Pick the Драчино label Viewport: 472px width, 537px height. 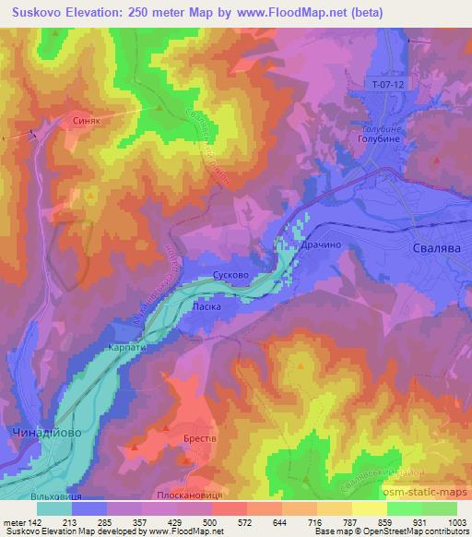[318, 247]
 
